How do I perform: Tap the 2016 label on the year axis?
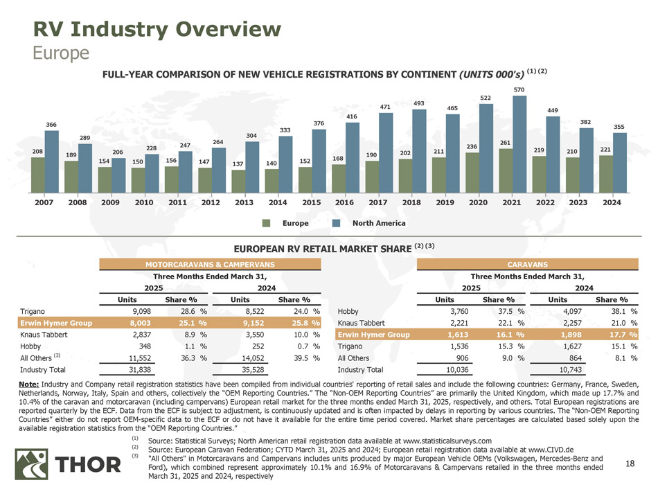(344, 203)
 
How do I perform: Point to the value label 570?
(519, 89)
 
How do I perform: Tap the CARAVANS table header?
(528, 264)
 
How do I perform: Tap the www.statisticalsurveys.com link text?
(447, 441)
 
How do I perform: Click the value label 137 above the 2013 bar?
(239, 164)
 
